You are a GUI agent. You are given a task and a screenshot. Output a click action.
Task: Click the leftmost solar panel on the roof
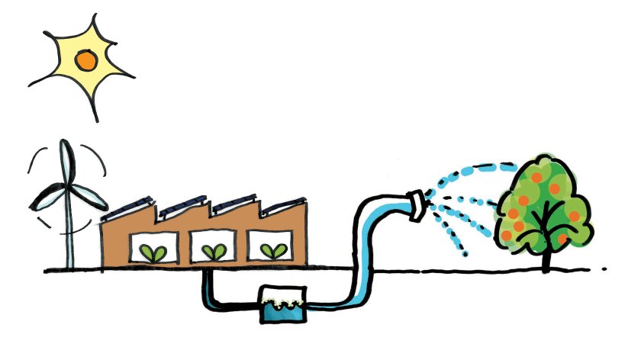click(131, 205)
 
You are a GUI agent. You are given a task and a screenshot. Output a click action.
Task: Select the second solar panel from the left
click(183, 204)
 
